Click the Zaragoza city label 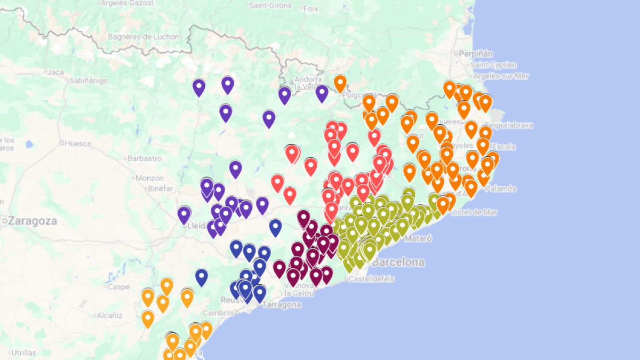33,221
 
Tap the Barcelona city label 398,262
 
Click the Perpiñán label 475,54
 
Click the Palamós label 501,188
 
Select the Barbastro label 145,158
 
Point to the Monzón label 149,178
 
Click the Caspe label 118,286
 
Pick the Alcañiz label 109,316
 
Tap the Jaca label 55,72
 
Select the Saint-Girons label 270,5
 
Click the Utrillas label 23,353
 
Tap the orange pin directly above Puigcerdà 340,82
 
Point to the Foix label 310,9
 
